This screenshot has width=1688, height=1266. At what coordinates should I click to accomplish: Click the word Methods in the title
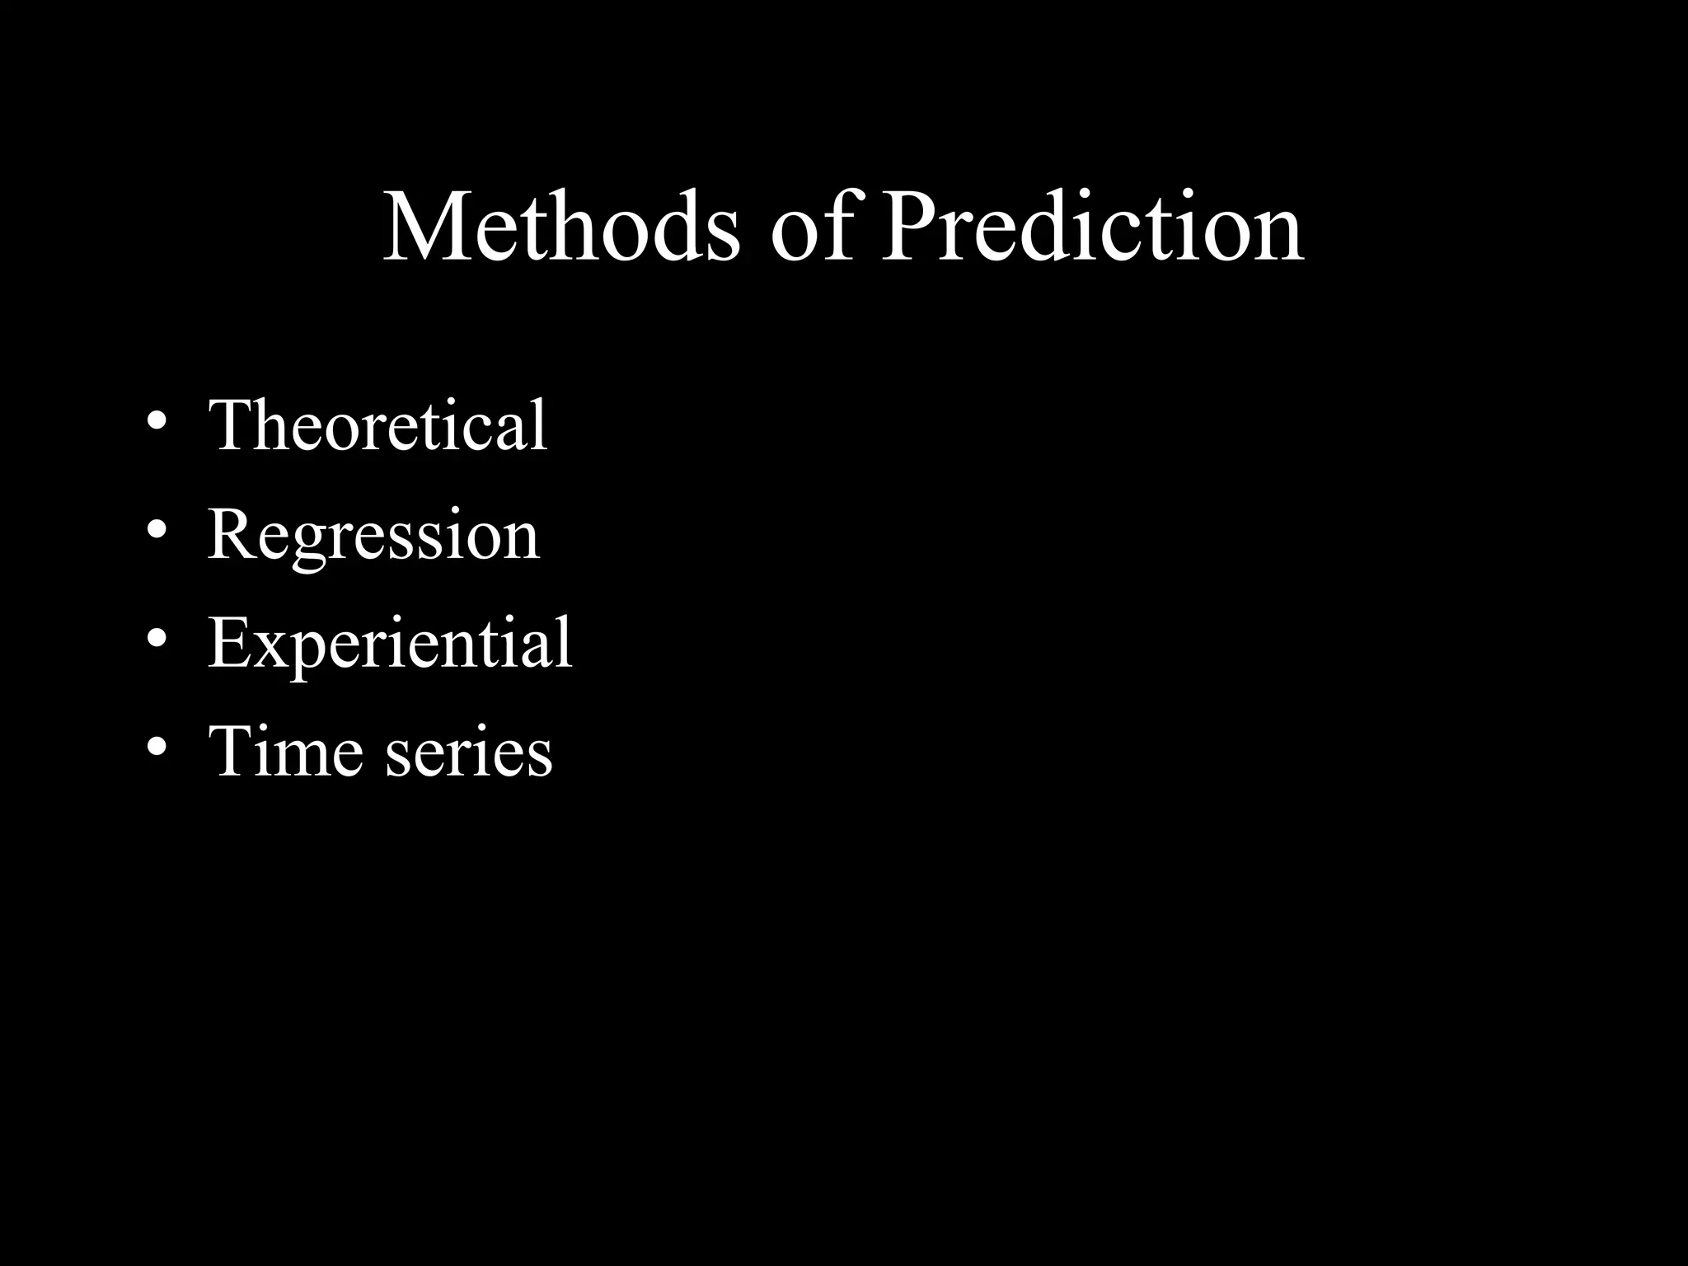[x=560, y=227]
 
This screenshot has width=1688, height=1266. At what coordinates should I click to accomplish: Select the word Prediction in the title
[x=1092, y=227]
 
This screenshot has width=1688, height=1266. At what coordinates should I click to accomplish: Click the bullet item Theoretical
[x=377, y=425]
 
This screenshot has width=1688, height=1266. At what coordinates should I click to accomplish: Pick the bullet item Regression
[x=373, y=536]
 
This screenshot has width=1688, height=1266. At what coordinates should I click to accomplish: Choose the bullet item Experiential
[x=390, y=645]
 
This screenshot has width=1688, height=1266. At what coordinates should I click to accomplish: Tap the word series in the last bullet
[x=468, y=754]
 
